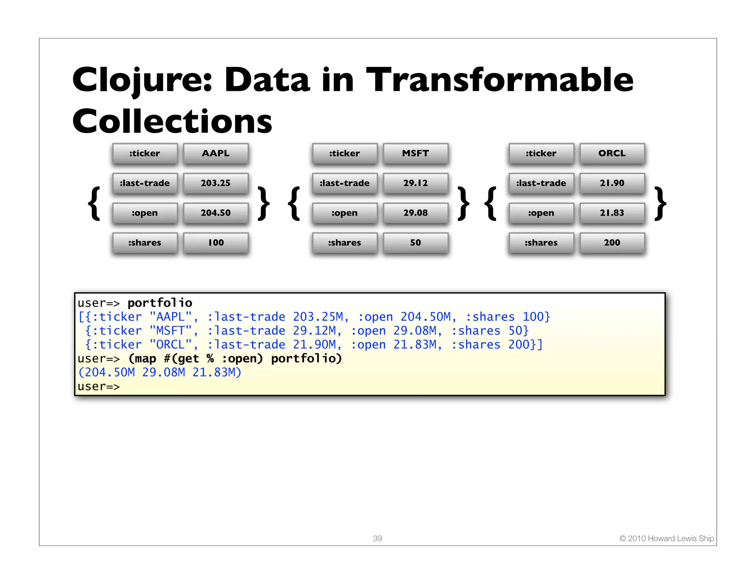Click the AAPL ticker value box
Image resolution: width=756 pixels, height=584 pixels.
(x=216, y=153)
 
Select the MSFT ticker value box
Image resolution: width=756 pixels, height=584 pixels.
(x=415, y=153)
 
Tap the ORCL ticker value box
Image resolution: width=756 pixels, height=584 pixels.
(x=612, y=153)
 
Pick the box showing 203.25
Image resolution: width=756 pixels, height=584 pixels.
(x=216, y=183)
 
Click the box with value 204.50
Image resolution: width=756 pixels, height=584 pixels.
(x=216, y=213)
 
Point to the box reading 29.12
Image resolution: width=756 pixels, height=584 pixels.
(x=415, y=183)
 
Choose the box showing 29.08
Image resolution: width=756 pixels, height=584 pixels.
(x=415, y=213)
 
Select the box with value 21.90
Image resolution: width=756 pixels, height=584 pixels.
(x=612, y=183)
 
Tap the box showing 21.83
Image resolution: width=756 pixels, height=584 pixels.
(x=612, y=213)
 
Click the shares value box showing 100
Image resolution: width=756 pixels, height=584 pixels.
(x=216, y=243)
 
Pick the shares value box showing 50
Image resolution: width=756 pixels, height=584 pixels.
(x=415, y=243)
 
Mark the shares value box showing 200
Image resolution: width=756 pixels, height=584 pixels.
(x=612, y=243)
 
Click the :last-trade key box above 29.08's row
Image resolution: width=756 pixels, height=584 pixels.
(x=344, y=183)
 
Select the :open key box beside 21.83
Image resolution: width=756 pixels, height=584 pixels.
(x=541, y=213)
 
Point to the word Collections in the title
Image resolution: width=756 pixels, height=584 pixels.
(x=172, y=121)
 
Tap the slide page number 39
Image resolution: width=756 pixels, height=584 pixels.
(x=377, y=538)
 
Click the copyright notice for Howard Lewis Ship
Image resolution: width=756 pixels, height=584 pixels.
(x=666, y=538)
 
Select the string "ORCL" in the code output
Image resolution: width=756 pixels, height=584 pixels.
(x=171, y=345)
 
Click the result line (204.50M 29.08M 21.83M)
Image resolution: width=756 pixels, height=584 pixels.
(x=159, y=372)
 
